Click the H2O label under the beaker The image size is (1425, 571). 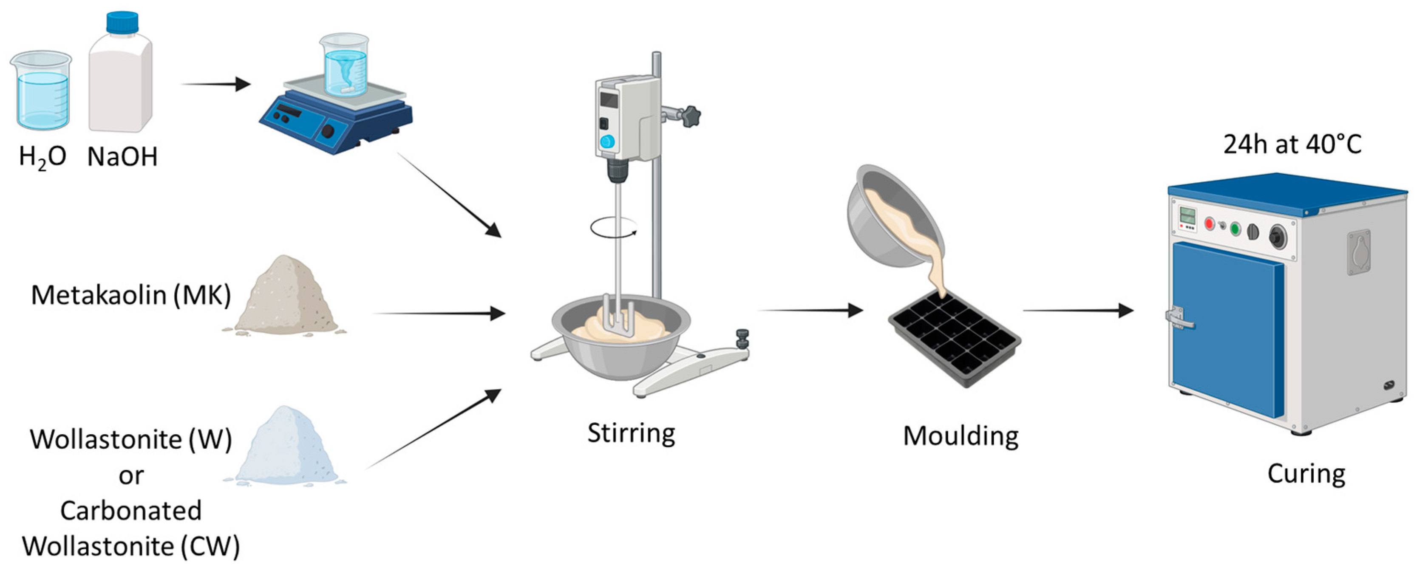tap(42, 157)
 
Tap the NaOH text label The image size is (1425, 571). tap(122, 157)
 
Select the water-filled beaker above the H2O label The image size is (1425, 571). tap(41, 90)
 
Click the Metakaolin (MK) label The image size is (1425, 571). tap(130, 295)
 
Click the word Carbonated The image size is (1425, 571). tap(130, 510)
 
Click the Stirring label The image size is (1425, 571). tap(631, 433)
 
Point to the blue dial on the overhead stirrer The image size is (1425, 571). tap(607, 141)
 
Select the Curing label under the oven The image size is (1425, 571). tap(1306, 474)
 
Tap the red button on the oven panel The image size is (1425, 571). tap(1209, 224)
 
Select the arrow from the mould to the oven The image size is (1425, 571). tap(1078, 311)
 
